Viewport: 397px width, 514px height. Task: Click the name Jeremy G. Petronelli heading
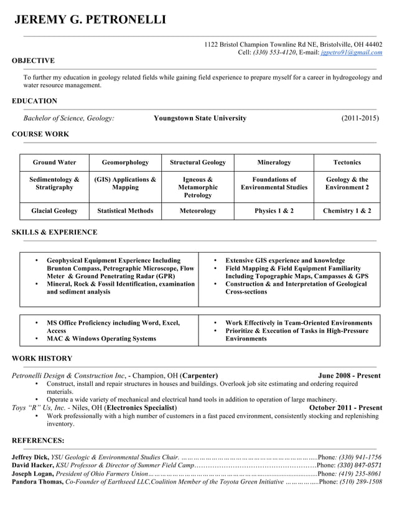[90, 20]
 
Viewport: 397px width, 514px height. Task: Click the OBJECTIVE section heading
[33, 61]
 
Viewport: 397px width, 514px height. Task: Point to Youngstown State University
[200, 118]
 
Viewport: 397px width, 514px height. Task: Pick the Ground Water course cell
[55, 162]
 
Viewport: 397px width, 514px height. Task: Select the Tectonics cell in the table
[347, 162]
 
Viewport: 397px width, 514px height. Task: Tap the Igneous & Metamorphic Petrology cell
[197, 187]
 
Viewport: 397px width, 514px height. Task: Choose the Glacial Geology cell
[55, 211]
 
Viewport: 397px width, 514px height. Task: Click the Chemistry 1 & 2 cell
[347, 211]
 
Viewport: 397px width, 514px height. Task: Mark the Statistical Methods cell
[125, 211]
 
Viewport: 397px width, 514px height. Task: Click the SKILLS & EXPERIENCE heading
[55, 233]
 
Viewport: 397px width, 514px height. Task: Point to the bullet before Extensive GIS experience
[215, 261]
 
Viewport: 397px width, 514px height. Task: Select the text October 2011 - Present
[345, 408]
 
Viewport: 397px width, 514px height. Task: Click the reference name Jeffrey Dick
[30, 457]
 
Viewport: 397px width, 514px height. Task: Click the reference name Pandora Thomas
[37, 482]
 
